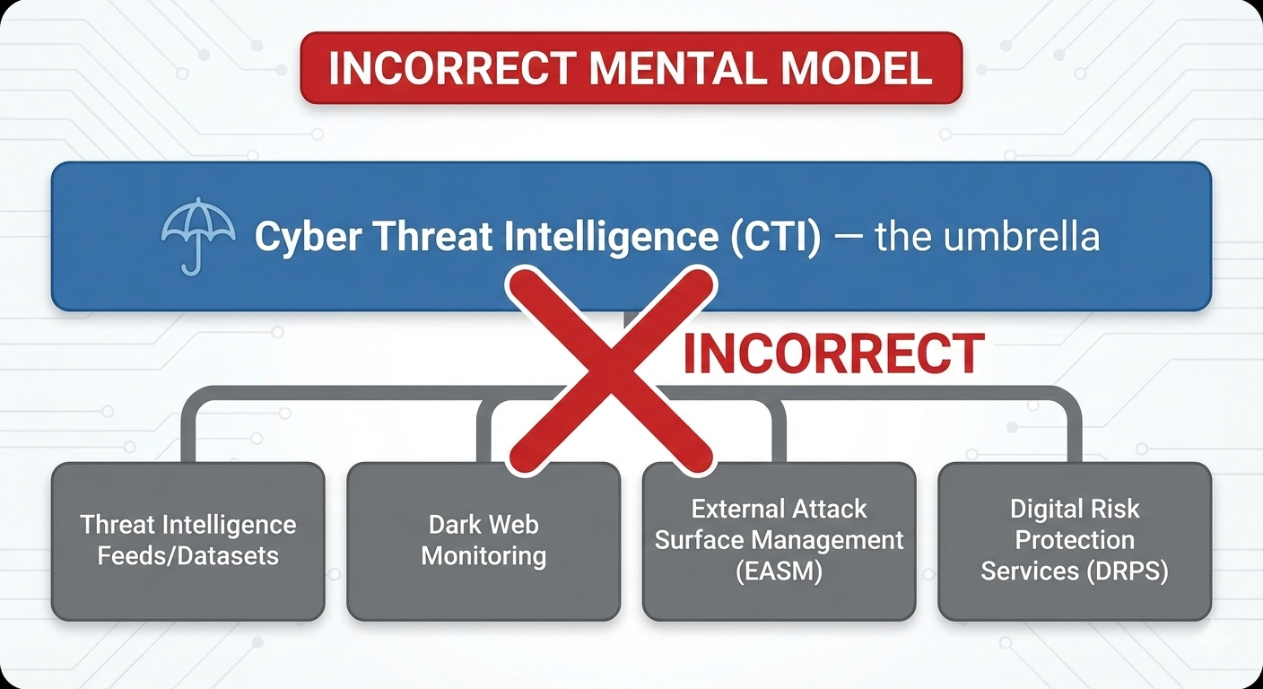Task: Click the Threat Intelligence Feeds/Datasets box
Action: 187,541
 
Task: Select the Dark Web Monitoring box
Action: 483,541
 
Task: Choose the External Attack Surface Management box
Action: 779,541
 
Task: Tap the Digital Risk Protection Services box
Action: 1074,541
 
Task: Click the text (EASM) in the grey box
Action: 779,571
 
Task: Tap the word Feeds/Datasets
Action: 187,556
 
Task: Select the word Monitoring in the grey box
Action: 483,556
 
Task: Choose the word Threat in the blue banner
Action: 422,237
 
